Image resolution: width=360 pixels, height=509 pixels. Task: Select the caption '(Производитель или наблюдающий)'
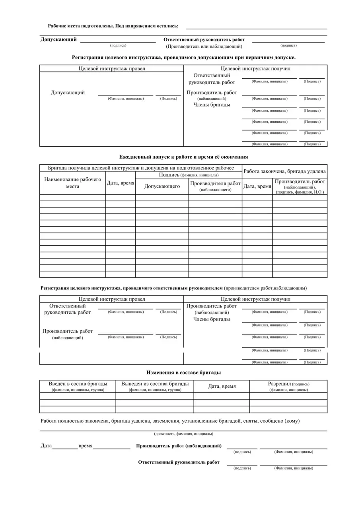coord(204,47)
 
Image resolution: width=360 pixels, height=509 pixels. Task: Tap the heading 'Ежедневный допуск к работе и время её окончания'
coord(183,157)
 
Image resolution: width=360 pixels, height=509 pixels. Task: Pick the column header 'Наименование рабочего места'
coord(73,183)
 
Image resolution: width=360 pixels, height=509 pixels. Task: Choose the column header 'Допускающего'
coord(162,186)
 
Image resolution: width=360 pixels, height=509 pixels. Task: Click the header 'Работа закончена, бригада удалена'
coord(284,171)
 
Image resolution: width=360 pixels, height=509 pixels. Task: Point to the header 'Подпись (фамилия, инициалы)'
coord(189,175)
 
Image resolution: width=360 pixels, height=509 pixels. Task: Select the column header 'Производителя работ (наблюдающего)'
coord(215,186)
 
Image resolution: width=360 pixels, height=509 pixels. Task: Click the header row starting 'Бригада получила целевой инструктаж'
coord(141,168)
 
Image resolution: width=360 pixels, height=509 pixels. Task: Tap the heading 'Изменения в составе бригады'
coord(183,373)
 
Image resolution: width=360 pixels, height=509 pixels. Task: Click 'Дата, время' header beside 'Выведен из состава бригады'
coord(222,387)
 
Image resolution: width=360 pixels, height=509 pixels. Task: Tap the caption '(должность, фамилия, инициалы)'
coord(183,434)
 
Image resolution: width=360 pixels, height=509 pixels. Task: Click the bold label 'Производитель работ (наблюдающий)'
coord(179,446)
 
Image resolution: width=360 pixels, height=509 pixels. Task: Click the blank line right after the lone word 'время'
coord(112,447)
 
